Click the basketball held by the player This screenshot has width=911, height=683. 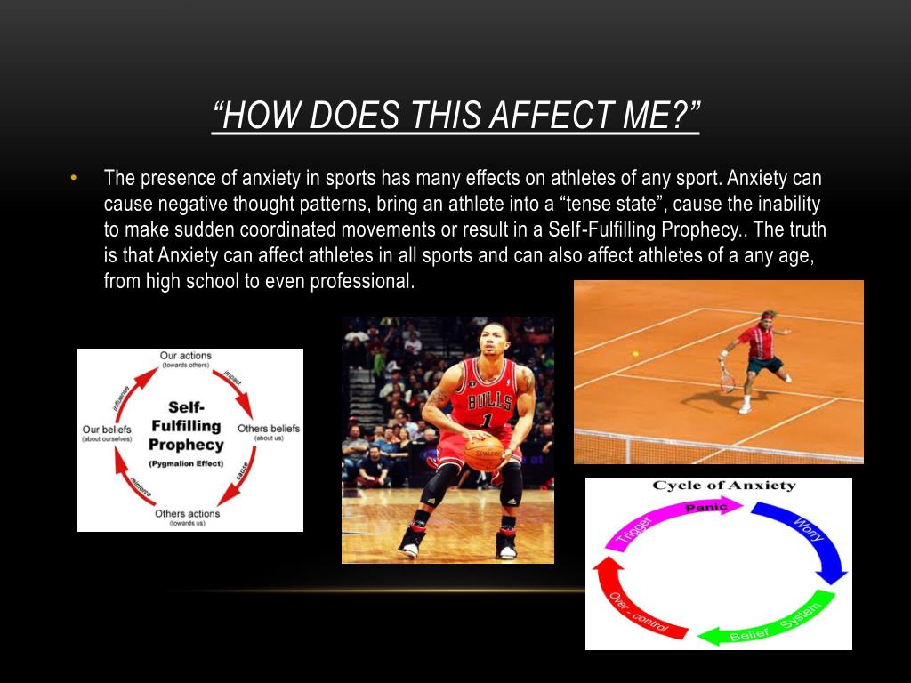483,452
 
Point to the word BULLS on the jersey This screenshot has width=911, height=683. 490,399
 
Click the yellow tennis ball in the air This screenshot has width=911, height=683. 634,354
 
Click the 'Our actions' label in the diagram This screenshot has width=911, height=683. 186,357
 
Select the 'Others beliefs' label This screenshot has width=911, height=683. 268,429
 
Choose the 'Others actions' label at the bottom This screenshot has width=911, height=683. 189,514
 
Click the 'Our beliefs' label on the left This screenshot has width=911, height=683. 107,429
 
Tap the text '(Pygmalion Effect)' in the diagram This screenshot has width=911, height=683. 186,463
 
